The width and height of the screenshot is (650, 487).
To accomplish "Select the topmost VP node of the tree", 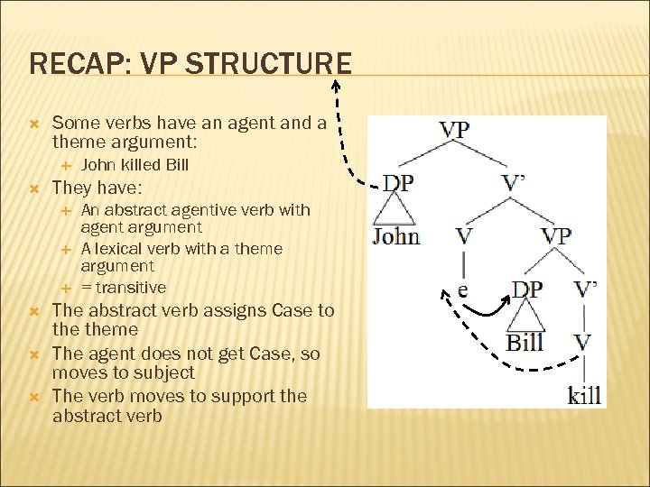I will point(454,129).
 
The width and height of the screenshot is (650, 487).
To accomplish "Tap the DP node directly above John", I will point(398,182).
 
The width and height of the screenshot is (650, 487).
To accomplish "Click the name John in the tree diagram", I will point(396,236).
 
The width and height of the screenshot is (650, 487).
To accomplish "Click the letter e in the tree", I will point(462,290).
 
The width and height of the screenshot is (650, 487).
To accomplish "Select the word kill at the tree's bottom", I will point(584,394).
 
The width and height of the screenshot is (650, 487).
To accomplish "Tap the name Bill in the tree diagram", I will point(525,343).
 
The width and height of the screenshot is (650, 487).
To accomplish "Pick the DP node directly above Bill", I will point(527,289).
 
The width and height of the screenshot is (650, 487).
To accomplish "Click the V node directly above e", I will point(463,236).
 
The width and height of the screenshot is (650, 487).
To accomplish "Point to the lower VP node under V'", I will point(556,236).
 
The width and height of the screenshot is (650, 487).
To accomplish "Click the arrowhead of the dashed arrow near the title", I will point(335,86).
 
